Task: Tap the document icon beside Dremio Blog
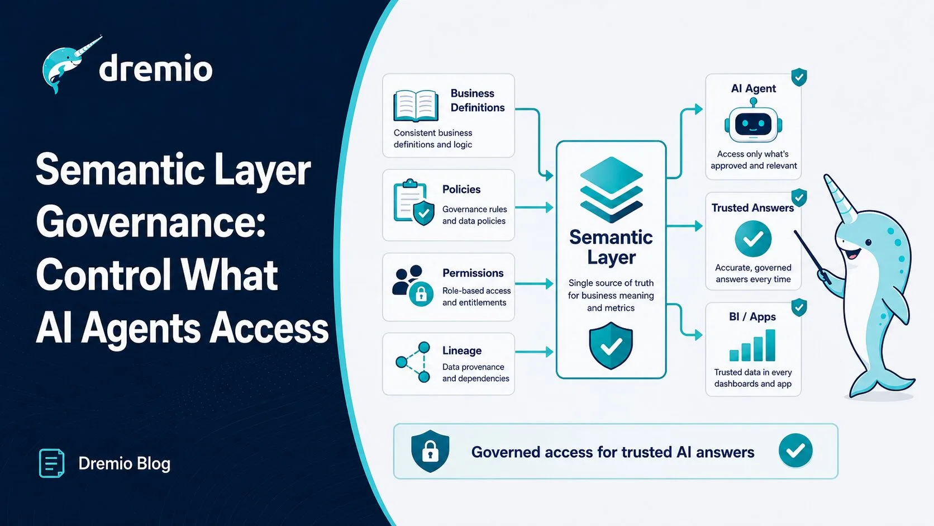click(x=52, y=463)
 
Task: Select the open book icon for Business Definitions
click(x=416, y=106)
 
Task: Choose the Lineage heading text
click(x=462, y=350)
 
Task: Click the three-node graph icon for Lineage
click(x=413, y=362)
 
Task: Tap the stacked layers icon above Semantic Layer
click(x=611, y=189)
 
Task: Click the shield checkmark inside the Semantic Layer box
click(x=611, y=345)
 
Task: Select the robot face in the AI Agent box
click(x=753, y=122)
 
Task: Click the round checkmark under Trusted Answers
click(x=753, y=239)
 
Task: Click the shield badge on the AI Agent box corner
click(x=799, y=77)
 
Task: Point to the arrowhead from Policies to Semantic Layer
click(x=549, y=207)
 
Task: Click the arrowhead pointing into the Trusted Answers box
click(x=698, y=226)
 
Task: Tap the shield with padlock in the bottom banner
click(x=430, y=451)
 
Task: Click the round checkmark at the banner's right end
click(x=795, y=451)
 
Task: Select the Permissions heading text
click(x=473, y=273)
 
